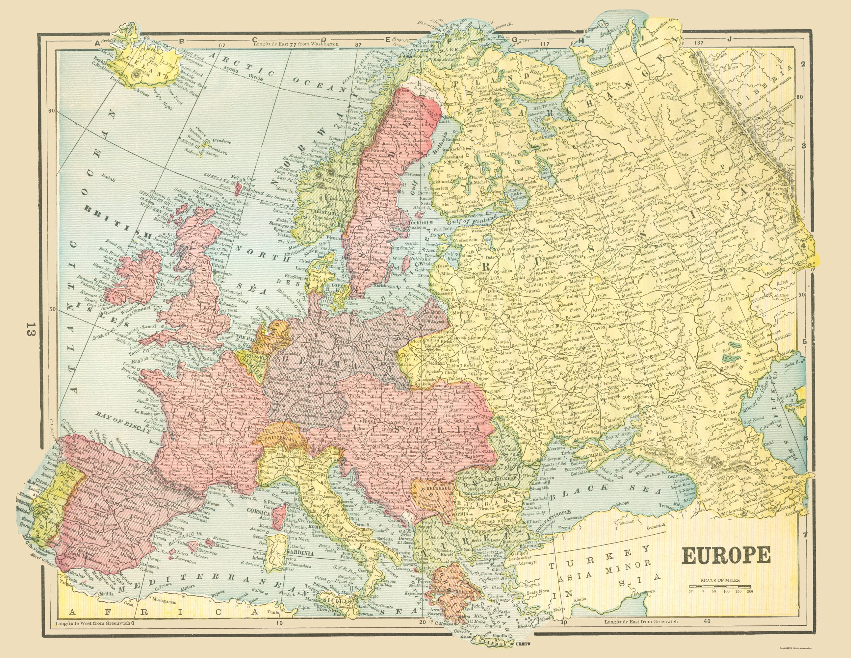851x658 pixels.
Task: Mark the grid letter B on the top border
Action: click(x=181, y=40)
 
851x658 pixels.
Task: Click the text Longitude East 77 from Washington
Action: click(x=296, y=44)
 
